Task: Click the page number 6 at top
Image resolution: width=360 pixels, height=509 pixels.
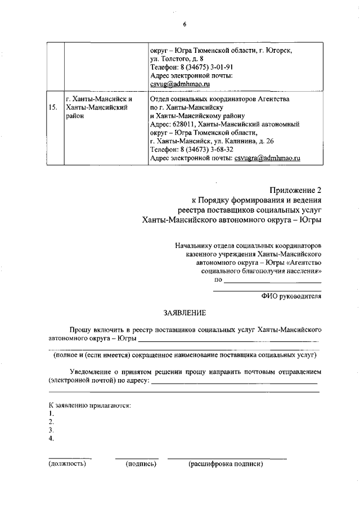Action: click(184, 24)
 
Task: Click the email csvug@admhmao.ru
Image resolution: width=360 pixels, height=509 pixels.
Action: click(180, 83)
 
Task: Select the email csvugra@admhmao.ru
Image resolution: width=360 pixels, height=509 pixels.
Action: click(267, 158)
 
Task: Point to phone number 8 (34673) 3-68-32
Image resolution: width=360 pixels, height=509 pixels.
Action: click(192, 150)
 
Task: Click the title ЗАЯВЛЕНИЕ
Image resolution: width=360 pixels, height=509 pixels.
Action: click(184, 312)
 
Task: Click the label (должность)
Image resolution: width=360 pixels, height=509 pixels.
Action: click(67, 464)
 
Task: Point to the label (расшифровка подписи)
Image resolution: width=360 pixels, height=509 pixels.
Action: click(226, 464)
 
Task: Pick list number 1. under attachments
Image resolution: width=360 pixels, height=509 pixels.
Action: click(51, 413)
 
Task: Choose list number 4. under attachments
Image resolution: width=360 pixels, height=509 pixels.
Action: click(51, 438)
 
